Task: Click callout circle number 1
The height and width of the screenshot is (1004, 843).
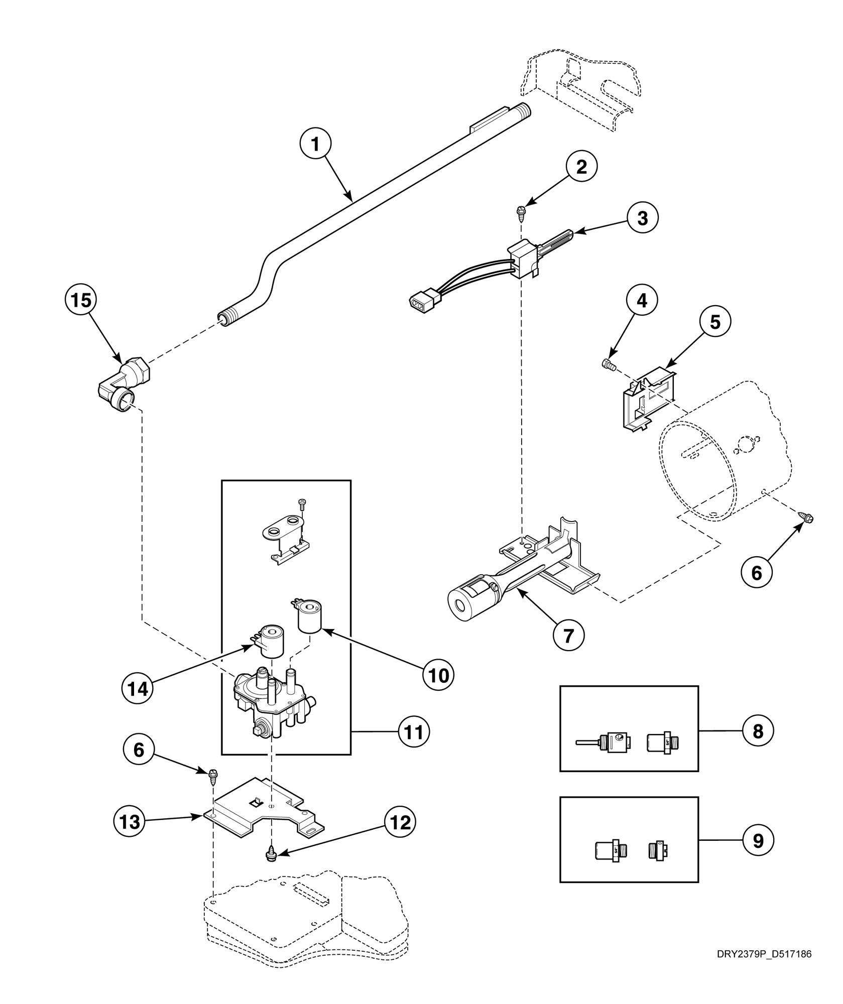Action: point(315,145)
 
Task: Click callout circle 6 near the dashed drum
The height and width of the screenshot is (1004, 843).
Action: point(756,572)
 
